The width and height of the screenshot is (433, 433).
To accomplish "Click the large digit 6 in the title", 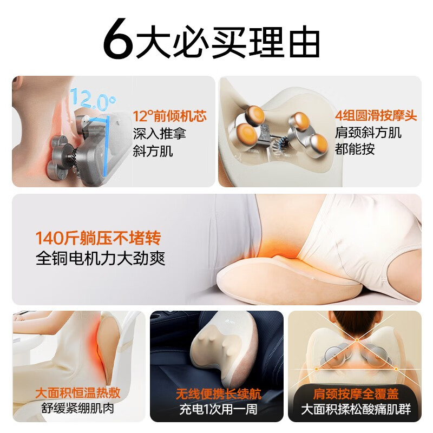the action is tap(117, 38).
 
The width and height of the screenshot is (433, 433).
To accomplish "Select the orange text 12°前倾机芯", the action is tap(169, 116).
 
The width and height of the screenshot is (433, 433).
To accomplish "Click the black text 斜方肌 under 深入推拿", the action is tap(153, 151).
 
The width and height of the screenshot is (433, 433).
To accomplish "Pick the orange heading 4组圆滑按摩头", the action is tap(376, 115).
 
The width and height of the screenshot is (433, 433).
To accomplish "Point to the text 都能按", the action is tap(355, 149).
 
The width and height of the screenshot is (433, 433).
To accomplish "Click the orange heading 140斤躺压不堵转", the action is tap(99, 238).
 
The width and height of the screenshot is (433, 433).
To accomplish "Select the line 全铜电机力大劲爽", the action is tap(101, 258).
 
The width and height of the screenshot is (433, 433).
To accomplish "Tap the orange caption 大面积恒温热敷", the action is tap(78, 393).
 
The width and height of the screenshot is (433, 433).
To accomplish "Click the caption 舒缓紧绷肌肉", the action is tap(77, 408).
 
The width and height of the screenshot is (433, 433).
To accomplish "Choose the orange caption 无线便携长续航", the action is tap(219, 394).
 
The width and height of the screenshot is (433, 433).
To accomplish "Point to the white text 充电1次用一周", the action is tap(218, 409).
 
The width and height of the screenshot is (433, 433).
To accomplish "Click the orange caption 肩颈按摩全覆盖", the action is tap(356, 394).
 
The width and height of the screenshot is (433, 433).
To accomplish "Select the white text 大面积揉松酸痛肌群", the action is tap(356, 409).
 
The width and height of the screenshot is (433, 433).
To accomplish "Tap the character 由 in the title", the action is tap(304, 42).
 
